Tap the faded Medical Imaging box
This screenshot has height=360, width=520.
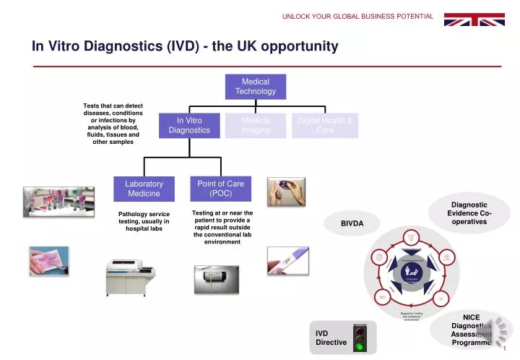click(256, 125)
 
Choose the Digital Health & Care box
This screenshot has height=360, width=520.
click(324, 125)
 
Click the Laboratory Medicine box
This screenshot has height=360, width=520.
click(144, 189)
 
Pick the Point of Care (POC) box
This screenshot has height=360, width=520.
click(220, 189)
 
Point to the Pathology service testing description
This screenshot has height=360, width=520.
click(144, 220)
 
